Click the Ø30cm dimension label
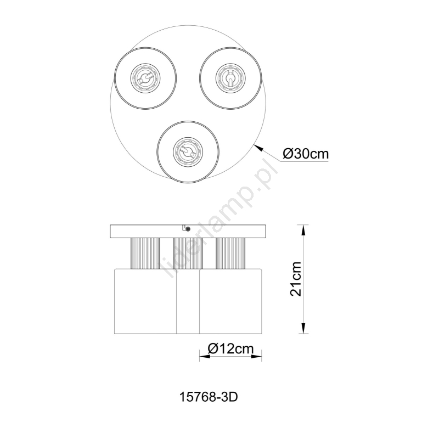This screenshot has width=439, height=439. (306, 154)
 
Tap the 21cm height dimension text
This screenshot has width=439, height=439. (296, 279)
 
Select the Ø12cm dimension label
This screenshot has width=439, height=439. (230, 348)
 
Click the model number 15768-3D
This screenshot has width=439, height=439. (209, 397)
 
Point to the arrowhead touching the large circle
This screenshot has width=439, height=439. (259, 148)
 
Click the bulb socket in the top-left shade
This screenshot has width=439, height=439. (145, 78)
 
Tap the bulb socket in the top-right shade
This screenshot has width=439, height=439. (230, 78)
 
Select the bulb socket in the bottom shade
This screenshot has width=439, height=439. (188, 152)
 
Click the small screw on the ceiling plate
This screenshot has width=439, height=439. (188, 229)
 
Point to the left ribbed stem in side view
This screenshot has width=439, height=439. (145, 254)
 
